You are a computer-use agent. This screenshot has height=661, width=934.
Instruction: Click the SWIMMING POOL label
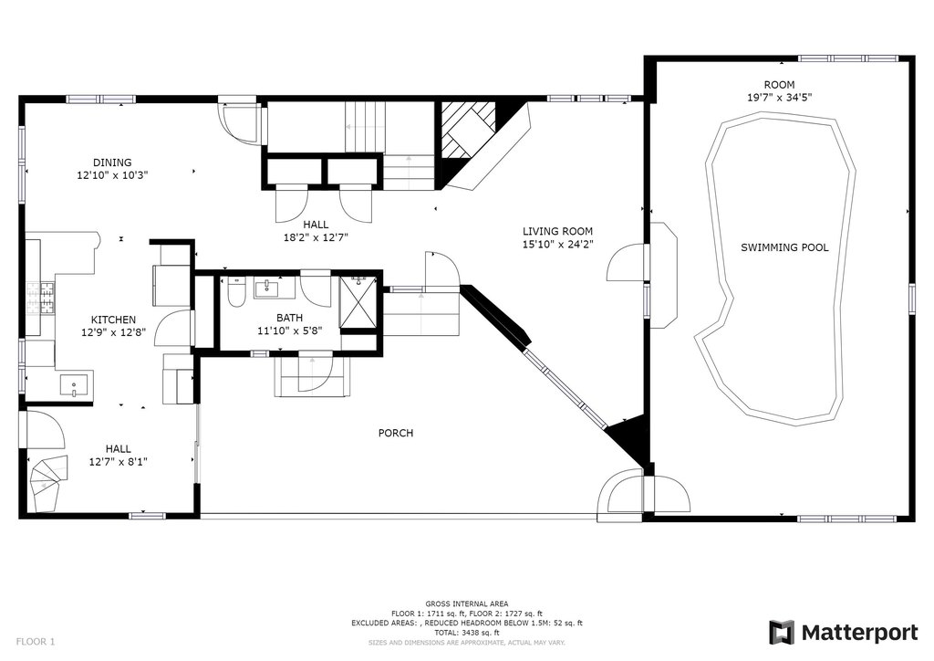(x=784, y=247)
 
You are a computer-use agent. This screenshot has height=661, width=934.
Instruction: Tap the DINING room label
(x=112, y=163)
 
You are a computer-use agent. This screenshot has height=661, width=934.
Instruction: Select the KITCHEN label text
(x=113, y=320)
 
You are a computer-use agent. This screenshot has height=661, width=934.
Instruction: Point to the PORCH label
(x=396, y=433)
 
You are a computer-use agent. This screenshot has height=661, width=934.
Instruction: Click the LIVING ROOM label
(x=557, y=231)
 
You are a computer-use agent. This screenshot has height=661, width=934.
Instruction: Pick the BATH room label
(x=289, y=318)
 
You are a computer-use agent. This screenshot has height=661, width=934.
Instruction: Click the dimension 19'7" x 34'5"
(x=780, y=98)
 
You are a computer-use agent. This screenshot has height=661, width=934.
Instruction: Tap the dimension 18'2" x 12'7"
(x=316, y=237)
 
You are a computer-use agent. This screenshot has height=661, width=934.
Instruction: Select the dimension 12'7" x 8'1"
(x=118, y=462)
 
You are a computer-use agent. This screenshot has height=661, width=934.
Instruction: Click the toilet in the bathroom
(x=236, y=291)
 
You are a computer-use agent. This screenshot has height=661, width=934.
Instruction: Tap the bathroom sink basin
(x=267, y=289)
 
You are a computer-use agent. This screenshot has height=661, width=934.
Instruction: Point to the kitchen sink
(x=75, y=384)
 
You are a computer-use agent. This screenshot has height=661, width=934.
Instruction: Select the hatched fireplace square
(x=468, y=130)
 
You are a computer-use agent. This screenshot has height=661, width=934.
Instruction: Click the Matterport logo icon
(x=782, y=633)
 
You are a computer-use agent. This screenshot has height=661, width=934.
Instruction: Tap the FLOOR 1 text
(x=36, y=642)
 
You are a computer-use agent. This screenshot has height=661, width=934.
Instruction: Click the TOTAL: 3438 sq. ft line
(x=467, y=633)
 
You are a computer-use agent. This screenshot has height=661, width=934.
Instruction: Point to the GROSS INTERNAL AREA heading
(x=467, y=604)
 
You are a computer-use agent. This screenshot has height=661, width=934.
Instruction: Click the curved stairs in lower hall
(x=47, y=483)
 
